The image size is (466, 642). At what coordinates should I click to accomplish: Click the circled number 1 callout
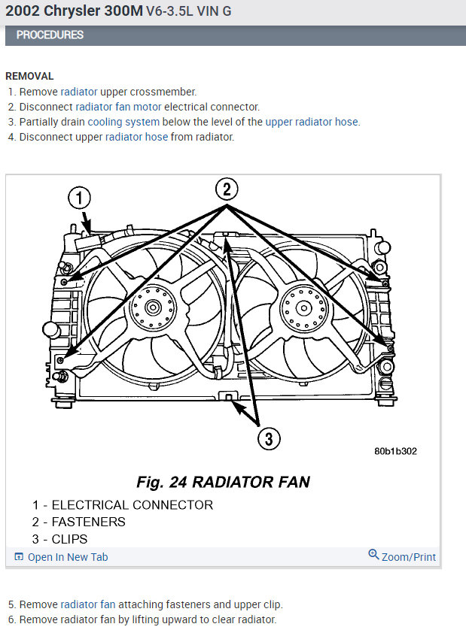coord(80,198)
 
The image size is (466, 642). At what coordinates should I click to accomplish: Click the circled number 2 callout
coord(228,189)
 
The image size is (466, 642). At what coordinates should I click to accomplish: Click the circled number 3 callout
coord(270,438)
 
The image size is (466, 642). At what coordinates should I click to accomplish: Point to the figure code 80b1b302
coord(395,452)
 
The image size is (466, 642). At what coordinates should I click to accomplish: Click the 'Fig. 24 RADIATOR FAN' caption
coord(223,482)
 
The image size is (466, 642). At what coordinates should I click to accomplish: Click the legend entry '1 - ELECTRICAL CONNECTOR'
coord(123,505)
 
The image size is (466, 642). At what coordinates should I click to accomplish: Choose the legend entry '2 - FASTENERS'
coord(79,522)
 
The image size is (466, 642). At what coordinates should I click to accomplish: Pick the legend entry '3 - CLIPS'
coord(60,539)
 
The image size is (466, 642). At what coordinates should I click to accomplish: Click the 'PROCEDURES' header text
coord(50,35)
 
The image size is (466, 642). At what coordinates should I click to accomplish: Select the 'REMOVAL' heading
coord(29,76)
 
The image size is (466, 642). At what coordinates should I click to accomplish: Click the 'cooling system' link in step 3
coord(123,122)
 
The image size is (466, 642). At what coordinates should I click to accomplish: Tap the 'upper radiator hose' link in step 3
coord(312,122)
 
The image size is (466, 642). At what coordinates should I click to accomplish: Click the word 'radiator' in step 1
coord(79,92)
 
